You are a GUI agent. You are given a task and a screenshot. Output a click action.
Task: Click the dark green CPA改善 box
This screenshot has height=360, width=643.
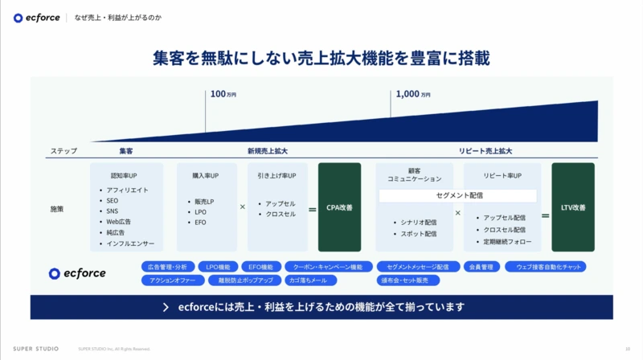click(x=339, y=207)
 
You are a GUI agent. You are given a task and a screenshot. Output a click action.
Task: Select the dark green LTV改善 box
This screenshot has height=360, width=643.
click(x=573, y=207)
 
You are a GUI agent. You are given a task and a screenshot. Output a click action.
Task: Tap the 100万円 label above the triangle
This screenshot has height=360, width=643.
click(x=223, y=94)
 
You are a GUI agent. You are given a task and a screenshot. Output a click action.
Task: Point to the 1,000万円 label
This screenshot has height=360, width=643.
click(x=412, y=94)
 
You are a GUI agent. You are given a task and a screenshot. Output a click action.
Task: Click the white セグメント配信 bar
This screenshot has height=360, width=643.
click(x=457, y=195)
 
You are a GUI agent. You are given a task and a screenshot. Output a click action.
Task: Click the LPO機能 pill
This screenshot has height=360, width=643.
click(x=218, y=267)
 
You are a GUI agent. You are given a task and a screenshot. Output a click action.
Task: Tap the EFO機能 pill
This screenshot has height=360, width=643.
click(x=260, y=267)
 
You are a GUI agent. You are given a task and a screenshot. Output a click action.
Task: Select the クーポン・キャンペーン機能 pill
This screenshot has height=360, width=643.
click(x=327, y=267)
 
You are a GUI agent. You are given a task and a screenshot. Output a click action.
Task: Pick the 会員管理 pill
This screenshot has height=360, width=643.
click(x=481, y=267)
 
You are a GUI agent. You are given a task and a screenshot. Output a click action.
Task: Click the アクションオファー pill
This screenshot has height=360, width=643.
click(x=171, y=280)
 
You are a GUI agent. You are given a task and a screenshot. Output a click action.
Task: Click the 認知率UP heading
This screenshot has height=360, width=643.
click(x=125, y=175)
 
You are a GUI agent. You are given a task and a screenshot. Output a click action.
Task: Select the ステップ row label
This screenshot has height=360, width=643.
click(x=64, y=150)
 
